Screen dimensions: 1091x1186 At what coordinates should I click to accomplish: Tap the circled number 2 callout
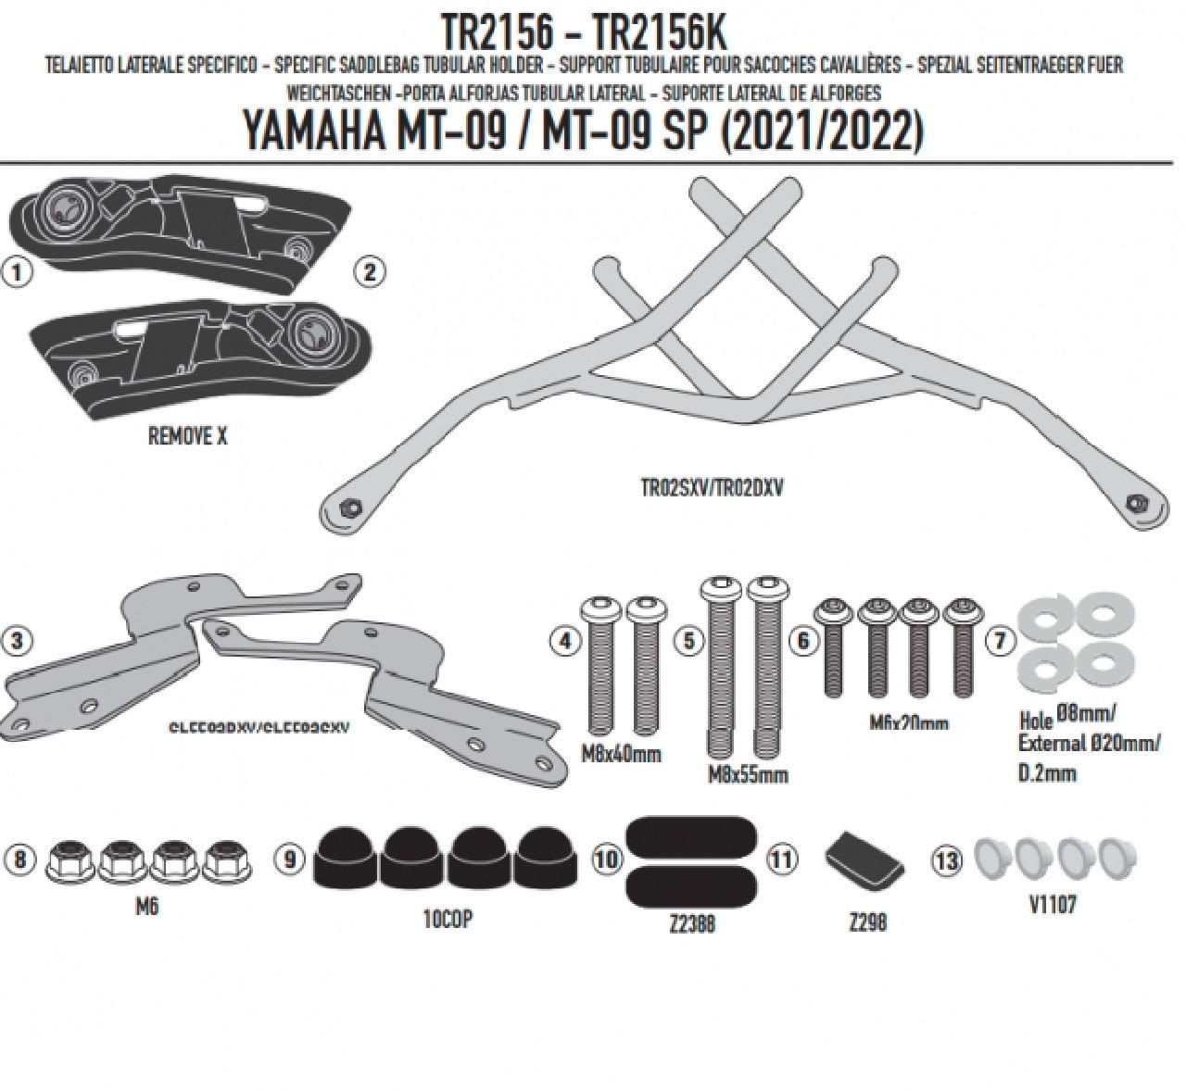pos(370,271)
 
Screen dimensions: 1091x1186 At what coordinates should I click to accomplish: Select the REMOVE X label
pos(187,436)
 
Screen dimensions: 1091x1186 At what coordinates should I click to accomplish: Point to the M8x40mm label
pos(620,753)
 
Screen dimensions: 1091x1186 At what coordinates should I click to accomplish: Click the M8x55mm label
pos(748,774)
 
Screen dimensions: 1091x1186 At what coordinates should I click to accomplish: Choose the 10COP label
pos(448,921)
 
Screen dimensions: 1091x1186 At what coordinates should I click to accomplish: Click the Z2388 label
pos(691,923)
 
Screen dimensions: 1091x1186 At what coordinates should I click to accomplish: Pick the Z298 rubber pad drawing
pos(864,859)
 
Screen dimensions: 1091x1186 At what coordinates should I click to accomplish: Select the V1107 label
pos(1052,904)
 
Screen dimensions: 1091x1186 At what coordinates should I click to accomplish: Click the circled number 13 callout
pos(947,860)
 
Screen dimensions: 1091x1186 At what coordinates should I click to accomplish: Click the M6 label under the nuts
pos(146,906)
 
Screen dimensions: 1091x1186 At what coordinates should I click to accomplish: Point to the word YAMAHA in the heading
pos(313,131)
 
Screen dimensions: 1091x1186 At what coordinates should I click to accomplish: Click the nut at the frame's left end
pos(350,508)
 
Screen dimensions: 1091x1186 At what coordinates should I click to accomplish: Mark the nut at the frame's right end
pos(1134,503)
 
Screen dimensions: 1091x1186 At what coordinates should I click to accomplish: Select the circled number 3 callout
pos(17,639)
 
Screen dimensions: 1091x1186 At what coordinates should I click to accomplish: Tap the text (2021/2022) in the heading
pos(821,131)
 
